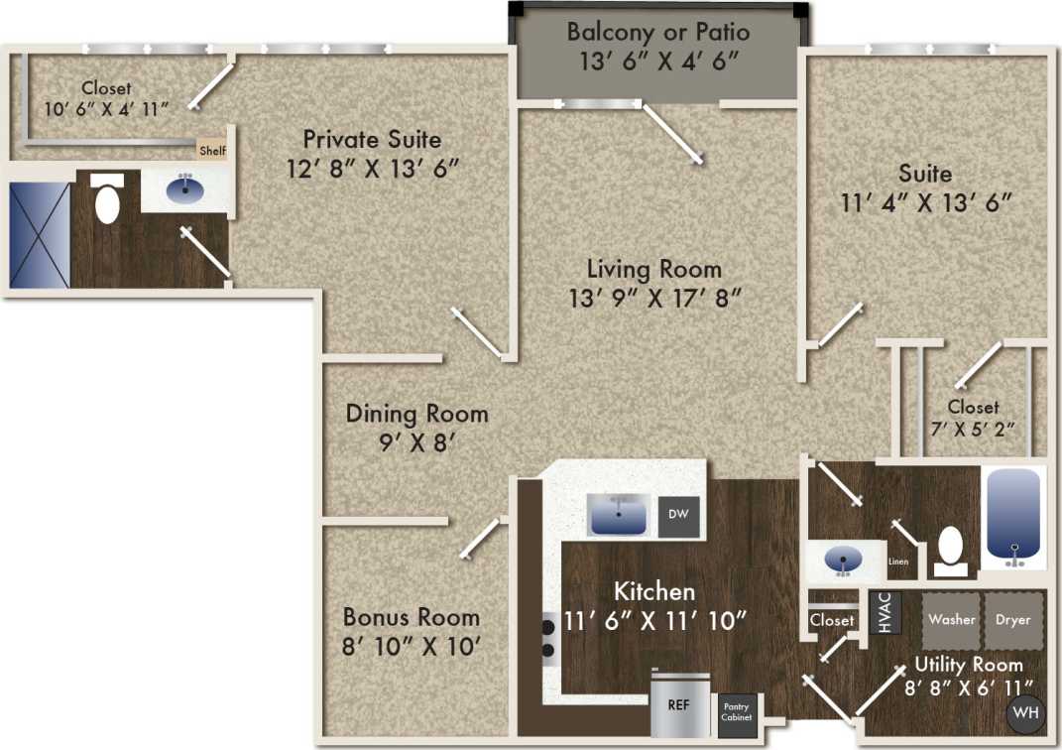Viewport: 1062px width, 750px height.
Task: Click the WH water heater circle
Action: coord(1023,713)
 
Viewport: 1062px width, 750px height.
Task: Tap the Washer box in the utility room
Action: coord(952,620)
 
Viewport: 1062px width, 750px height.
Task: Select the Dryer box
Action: coord(1013,620)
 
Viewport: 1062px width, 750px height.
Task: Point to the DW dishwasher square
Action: coord(678,515)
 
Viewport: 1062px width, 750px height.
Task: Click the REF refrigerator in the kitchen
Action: coord(680,706)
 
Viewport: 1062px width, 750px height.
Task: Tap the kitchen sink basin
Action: coord(619,515)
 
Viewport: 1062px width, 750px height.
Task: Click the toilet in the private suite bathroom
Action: coord(106,203)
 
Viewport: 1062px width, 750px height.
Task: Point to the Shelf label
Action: coord(213,151)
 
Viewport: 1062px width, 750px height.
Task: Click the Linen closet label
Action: coord(898,562)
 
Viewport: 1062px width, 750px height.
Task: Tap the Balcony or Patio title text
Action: coord(658,32)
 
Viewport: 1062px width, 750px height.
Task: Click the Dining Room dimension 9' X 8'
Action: coord(416,442)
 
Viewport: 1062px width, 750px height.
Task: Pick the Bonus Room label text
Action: coord(411,616)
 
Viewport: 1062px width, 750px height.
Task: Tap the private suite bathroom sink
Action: coord(184,188)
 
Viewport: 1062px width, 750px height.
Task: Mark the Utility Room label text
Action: coord(968,664)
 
